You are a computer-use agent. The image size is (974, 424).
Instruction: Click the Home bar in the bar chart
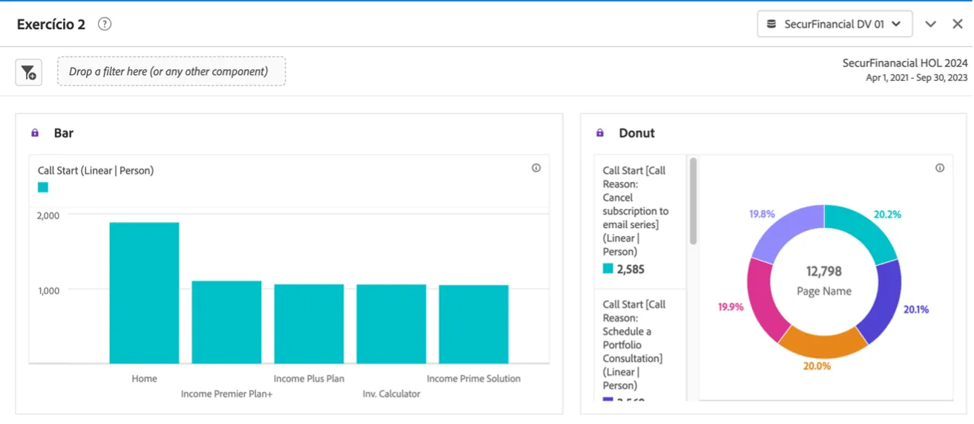coord(144,293)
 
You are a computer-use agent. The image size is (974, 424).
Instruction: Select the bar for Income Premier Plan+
coord(226,322)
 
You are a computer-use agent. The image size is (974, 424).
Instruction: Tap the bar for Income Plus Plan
coord(309,324)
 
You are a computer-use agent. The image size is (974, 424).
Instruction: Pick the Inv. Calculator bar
coord(392,324)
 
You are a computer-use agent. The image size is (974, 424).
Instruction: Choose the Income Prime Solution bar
coord(473,324)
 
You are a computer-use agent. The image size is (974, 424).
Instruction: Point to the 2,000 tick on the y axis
coord(47,215)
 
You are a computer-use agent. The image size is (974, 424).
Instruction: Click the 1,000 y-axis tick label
coord(49,291)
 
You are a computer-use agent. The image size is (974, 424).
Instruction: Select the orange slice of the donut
coord(823,345)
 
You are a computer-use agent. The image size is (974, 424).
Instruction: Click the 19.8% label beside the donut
coord(762,214)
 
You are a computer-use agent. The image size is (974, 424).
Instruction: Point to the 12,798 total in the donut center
coord(824,271)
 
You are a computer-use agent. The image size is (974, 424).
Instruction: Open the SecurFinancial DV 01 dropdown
coord(835,24)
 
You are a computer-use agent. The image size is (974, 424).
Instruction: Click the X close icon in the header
coord(958,24)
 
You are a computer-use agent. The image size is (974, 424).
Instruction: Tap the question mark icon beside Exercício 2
coord(105,24)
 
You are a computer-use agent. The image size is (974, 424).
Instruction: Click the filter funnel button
coord(29,72)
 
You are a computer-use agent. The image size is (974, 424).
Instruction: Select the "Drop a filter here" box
coord(171,71)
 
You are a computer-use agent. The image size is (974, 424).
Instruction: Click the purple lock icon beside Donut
coord(600,133)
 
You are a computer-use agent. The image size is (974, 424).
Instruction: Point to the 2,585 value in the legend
coord(631,269)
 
